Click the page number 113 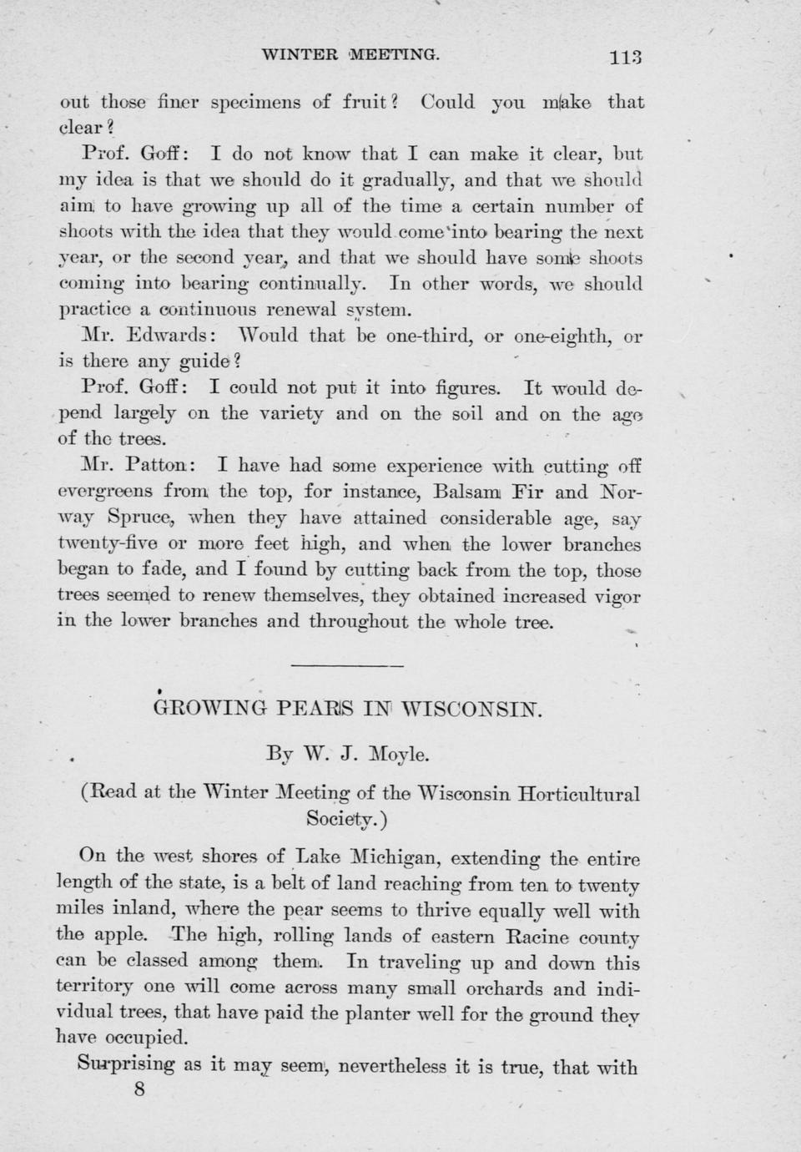(625, 58)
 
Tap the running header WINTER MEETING (350, 55)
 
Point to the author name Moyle (399, 755)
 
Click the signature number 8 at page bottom (139, 1089)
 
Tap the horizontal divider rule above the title (347, 665)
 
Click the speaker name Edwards (172, 336)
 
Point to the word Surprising (127, 1065)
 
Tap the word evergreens (105, 492)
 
